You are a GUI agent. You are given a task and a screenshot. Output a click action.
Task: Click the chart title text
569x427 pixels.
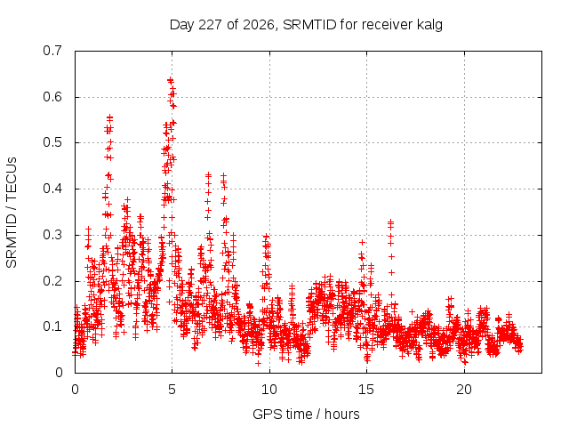point(306,25)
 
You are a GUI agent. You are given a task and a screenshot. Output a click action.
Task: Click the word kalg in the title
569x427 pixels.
point(429,25)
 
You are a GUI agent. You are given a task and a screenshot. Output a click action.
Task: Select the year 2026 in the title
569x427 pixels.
point(259,25)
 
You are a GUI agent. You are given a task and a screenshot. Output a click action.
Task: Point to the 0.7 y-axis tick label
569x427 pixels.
point(52,51)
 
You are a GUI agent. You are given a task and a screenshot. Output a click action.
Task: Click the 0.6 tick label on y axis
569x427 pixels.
point(52,97)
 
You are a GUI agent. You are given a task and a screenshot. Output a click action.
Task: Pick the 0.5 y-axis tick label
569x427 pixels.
point(52,142)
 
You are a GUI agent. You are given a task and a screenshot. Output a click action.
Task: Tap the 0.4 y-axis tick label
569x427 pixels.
point(52,189)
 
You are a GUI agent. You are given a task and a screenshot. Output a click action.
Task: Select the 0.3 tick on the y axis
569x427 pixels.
point(52,235)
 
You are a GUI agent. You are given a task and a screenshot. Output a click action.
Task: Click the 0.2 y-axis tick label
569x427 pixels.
point(52,281)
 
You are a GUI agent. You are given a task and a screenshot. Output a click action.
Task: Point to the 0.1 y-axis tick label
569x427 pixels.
point(52,326)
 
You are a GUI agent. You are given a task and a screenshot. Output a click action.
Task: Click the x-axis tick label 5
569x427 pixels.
point(172,390)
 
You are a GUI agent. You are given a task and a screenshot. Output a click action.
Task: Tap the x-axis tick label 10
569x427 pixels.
point(269,390)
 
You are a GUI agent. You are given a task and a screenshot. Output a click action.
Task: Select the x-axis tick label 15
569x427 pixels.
point(366,390)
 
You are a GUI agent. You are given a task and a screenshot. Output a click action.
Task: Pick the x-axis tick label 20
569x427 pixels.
point(464,390)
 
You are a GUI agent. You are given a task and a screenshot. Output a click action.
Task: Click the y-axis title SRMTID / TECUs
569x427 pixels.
point(12,213)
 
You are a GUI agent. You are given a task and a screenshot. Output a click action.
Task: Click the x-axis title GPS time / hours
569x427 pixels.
point(306,415)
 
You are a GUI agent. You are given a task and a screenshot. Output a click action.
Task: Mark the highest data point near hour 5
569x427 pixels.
point(170,80)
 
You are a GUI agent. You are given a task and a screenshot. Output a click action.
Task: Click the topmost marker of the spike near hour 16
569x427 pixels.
point(390,222)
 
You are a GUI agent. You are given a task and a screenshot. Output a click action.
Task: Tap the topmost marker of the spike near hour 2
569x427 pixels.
point(109,117)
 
